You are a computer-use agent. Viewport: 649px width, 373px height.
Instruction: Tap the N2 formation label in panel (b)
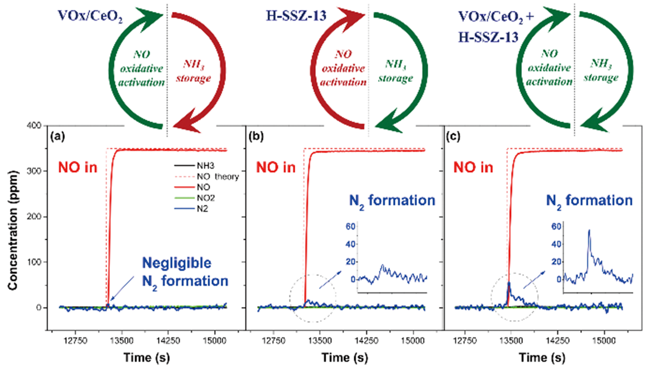pyautogui.click(x=389, y=200)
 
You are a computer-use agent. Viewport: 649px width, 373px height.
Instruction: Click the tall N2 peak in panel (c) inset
pyautogui.click(x=588, y=231)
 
